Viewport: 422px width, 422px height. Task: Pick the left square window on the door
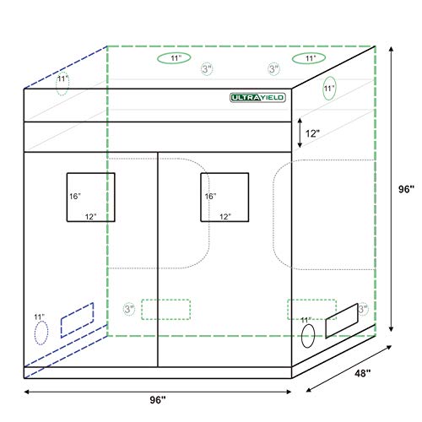click(x=90, y=197)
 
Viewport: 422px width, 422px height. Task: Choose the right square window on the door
click(x=225, y=197)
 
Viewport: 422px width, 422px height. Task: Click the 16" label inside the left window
click(x=74, y=196)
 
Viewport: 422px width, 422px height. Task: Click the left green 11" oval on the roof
click(x=175, y=59)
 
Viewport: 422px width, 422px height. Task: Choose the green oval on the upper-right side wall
click(x=329, y=89)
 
